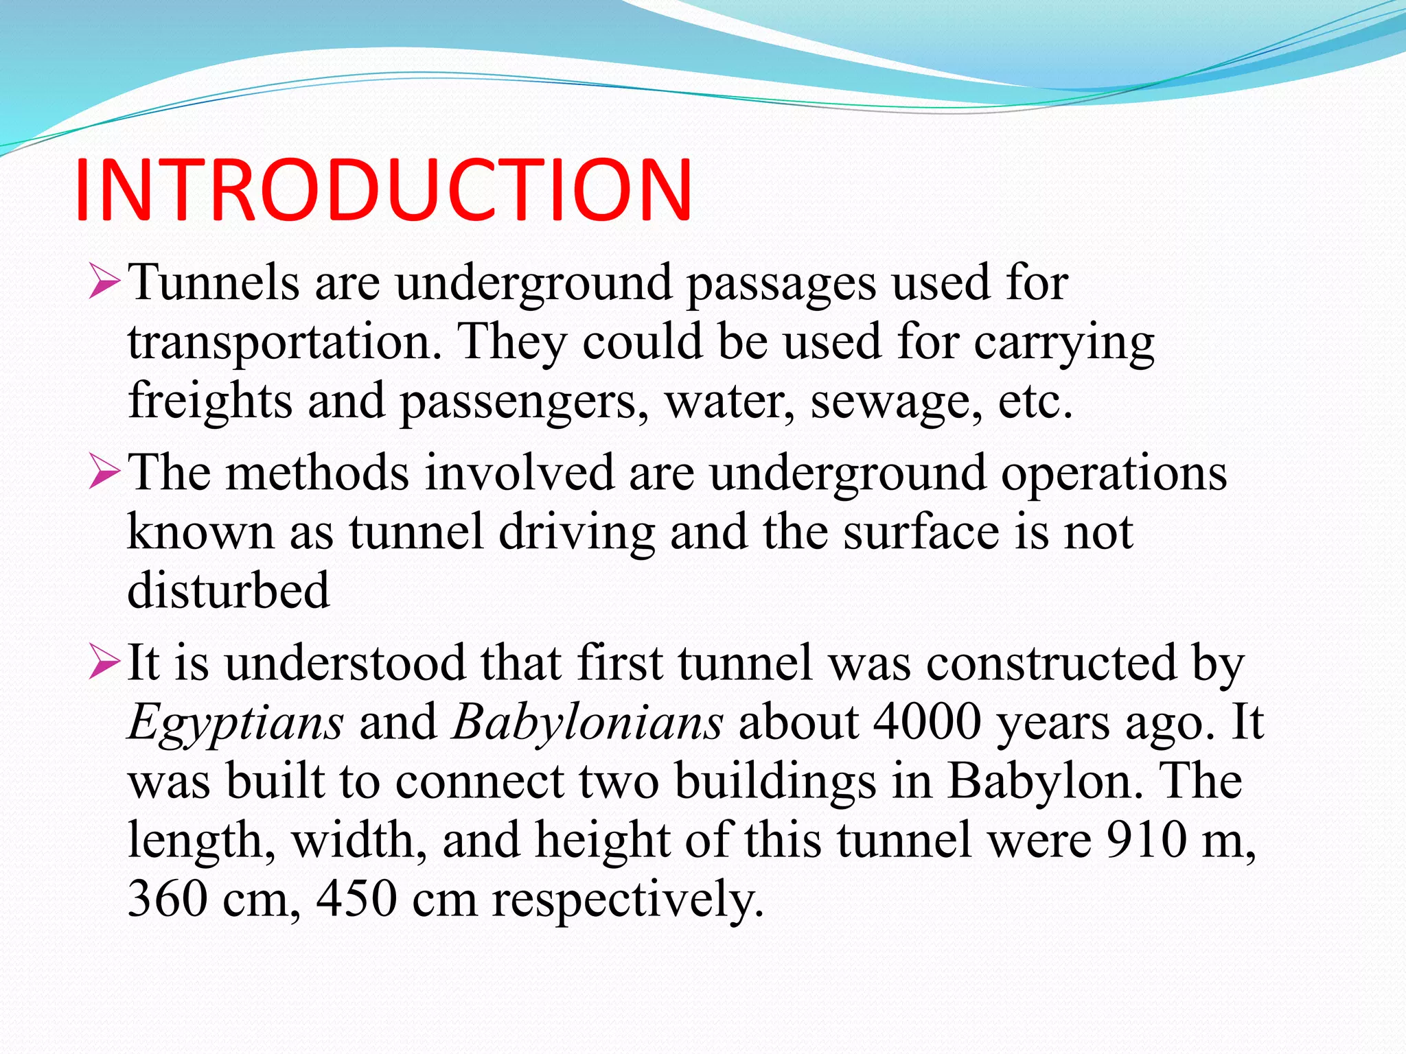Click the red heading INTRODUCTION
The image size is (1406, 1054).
point(383,190)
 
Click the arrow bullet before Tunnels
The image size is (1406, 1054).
point(104,283)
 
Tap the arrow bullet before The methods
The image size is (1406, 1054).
point(104,473)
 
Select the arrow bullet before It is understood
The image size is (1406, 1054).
point(104,664)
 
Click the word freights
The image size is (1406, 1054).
point(210,401)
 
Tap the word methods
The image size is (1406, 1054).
point(317,473)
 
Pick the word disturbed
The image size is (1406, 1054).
point(229,591)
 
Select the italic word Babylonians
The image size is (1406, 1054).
point(587,723)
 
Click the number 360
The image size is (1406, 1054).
point(167,899)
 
